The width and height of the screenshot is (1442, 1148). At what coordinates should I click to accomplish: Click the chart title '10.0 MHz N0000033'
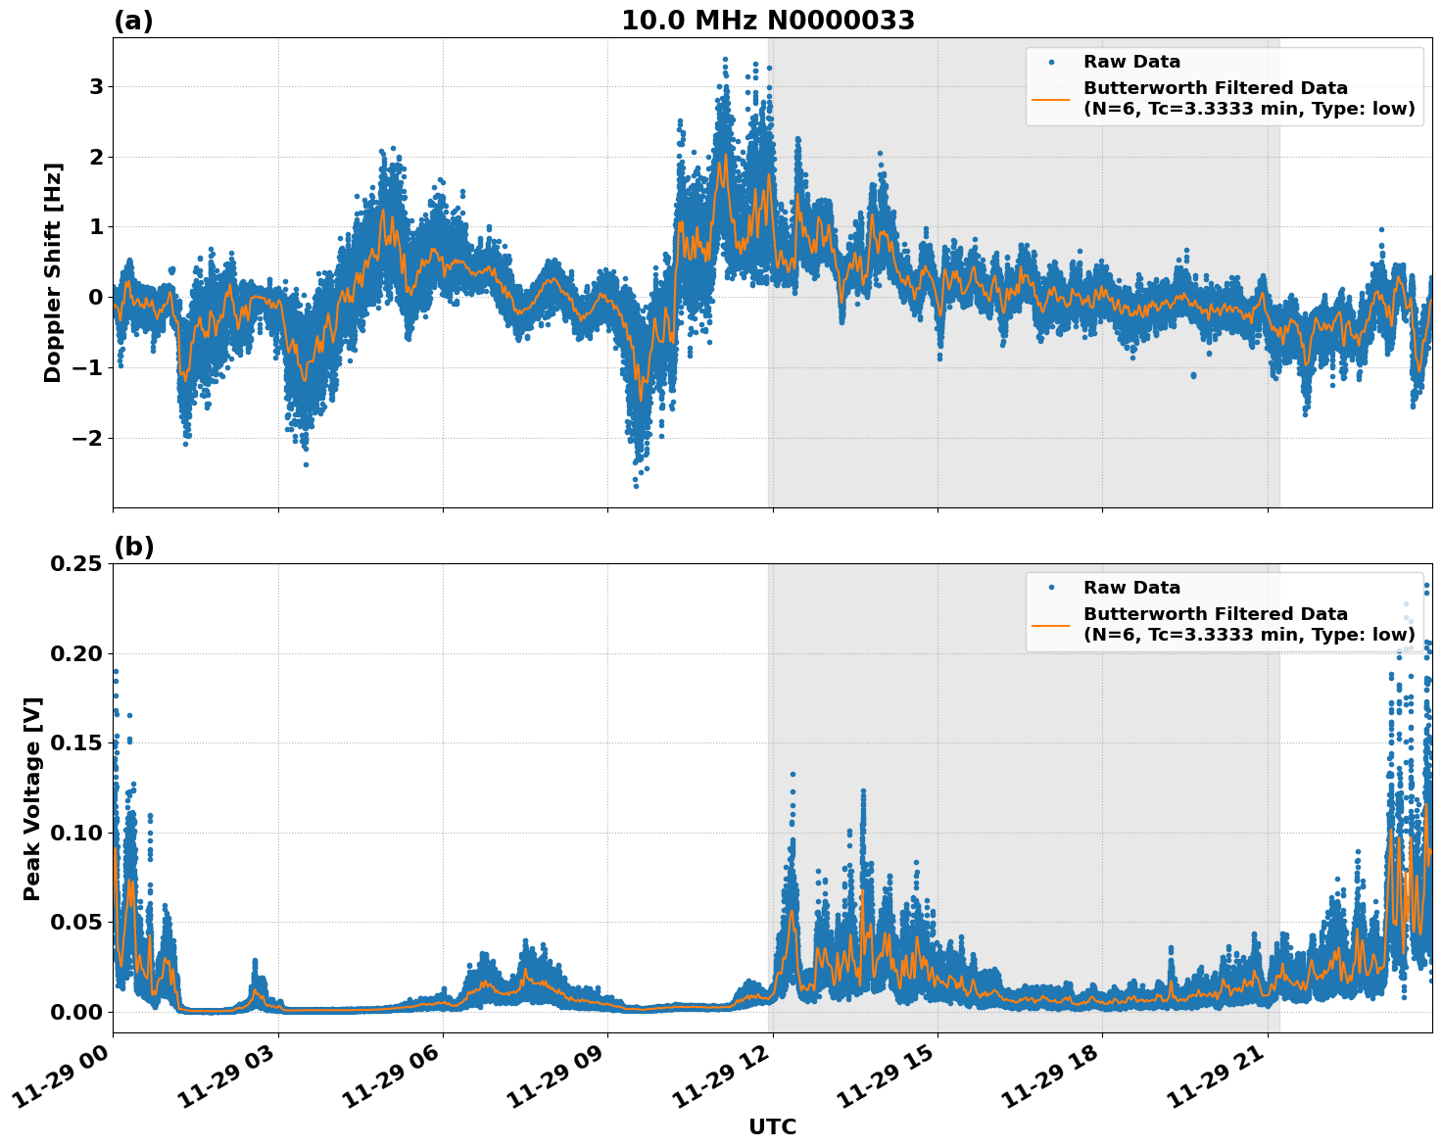tap(768, 21)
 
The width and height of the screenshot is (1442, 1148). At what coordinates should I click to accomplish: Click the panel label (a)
tap(133, 21)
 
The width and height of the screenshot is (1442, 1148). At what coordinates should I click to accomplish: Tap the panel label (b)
tap(133, 547)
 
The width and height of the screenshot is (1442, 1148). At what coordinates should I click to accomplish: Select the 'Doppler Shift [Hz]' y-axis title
tap(53, 272)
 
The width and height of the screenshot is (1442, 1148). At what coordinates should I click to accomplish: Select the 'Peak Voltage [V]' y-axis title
tap(32, 798)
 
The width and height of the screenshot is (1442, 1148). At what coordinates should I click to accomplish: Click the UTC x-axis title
tap(772, 1126)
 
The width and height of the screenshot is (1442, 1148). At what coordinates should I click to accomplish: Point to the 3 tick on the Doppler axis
tap(96, 87)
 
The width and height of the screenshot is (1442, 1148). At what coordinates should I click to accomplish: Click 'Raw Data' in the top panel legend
tap(1131, 63)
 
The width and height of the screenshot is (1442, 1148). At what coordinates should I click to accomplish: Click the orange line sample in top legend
tap(1051, 99)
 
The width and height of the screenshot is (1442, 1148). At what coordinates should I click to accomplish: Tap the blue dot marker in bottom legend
tap(1051, 588)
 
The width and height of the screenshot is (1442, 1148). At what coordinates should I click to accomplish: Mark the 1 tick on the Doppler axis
tap(96, 227)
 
